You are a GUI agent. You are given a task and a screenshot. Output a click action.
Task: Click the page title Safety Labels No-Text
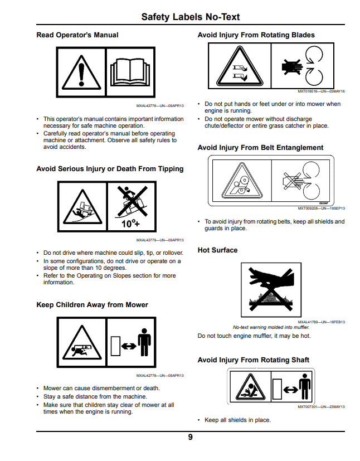(191, 17)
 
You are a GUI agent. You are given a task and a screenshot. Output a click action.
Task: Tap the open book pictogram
(130, 72)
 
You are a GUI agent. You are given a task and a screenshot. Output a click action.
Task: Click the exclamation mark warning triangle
(81, 72)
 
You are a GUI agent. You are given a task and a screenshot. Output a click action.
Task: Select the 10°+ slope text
(130, 224)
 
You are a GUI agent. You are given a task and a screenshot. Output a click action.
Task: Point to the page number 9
(191, 437)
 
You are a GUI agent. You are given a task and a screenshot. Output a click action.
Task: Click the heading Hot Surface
(217, 250)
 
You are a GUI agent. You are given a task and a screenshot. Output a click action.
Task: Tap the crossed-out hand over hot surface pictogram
(271, 290)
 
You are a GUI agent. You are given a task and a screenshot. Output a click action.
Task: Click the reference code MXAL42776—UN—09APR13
(160, 106)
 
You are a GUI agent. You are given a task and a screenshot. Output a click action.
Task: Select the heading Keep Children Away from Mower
(93, 304)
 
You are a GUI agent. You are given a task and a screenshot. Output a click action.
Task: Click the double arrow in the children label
(129, 346)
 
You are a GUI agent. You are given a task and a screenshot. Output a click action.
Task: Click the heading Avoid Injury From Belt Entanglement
(260, 148)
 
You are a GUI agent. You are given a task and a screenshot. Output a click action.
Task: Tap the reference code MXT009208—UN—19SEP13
(321, 208)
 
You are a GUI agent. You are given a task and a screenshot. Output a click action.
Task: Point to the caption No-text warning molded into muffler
(271, 327)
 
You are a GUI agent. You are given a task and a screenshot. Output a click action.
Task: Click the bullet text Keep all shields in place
(238, 420)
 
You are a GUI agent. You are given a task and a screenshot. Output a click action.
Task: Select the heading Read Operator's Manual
(77, 35)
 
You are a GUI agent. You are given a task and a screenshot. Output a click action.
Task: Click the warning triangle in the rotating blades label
(240, 66)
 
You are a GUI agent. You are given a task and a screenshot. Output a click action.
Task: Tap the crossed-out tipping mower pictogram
(132, 201)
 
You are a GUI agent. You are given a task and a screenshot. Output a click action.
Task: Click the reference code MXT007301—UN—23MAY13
(321, 407)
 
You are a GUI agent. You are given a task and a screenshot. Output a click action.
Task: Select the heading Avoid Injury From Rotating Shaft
(254, 360)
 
